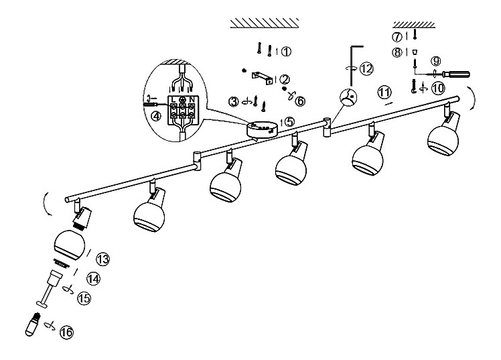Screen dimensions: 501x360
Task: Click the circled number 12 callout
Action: point(366,68)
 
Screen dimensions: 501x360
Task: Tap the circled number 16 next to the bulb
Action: point(66,333)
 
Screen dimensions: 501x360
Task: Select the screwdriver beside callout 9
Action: point(456,74)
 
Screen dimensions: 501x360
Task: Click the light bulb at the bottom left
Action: point(33,324)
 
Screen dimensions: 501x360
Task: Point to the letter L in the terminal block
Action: point(173,99)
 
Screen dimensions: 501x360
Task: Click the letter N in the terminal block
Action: point(192,99)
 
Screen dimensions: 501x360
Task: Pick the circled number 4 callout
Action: point(156,116)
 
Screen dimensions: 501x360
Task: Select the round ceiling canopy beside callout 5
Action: point(263,130)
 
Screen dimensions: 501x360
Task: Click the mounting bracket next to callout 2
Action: point(263,78)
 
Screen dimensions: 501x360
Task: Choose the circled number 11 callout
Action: point(384,92)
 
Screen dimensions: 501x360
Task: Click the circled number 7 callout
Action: point(397,37)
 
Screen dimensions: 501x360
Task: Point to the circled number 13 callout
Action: point(103,259)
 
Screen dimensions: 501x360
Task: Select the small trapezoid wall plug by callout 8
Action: point(415,52)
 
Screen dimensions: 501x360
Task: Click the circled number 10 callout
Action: point(438,88)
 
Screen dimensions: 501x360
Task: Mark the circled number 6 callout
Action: point(300,101)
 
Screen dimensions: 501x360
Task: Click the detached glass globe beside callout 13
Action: point(70,245)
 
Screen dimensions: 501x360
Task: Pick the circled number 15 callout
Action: point(84,298)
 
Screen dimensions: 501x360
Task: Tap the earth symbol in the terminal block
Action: point(182,99)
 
